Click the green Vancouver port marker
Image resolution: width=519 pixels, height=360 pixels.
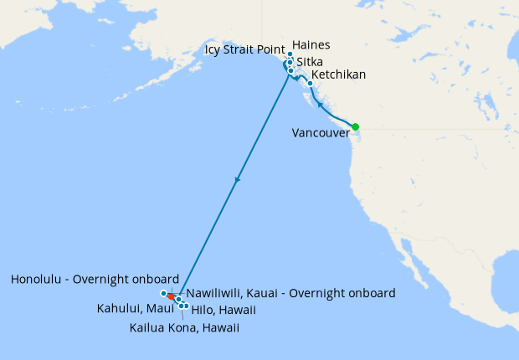click(x=355, y=126)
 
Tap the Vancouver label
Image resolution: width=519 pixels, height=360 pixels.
click(x=321, y=132)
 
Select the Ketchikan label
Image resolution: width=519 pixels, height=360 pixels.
click(x=338, y=75)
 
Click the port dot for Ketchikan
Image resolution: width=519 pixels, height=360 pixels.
click(x=311, y=83)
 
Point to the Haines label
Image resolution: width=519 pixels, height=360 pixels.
click(x=311, y=45)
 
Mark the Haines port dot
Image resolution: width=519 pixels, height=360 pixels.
click(x=290, y=54)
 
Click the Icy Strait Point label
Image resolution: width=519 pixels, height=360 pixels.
click(x=245, y=50)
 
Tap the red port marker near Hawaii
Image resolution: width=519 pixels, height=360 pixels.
click(x=171, y=296)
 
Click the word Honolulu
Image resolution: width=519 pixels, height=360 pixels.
click(x=40, y=279)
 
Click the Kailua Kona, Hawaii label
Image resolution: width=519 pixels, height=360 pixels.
click(x=184, y=327)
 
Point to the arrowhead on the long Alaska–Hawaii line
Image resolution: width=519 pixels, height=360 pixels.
click(x=238, y=179)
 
